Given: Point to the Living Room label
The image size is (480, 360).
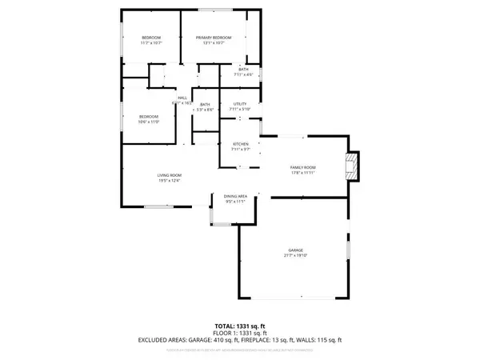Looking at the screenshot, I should [168, 175].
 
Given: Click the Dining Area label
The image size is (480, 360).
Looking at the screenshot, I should [234, 196].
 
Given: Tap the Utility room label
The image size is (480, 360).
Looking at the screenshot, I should [240, 104].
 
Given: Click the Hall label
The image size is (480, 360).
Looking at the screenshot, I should [182, 98].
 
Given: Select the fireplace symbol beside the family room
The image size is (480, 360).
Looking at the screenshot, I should [350, 166].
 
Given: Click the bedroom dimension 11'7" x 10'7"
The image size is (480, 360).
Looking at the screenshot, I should [152, 43].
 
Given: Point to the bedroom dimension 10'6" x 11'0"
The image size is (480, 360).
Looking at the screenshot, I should [150, 122].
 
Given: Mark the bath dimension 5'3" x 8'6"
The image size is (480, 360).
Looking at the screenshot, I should [205, 110].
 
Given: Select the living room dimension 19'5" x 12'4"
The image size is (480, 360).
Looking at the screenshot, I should [168, 181].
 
